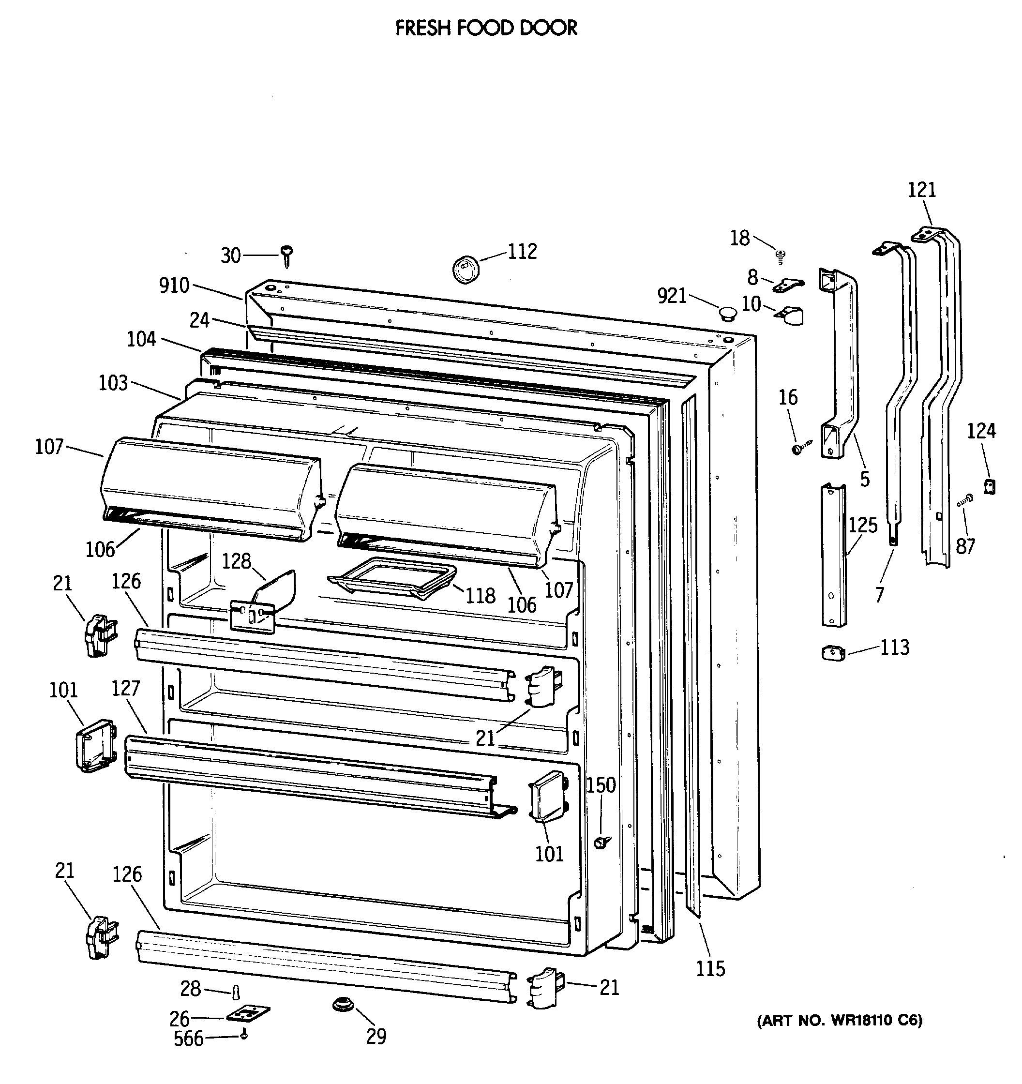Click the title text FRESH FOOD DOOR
[x=486, y=28]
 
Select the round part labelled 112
[x=465, y=269]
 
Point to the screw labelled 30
[x=287, y=255]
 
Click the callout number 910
[x=174, y=285]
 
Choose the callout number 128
[x=236, y=561]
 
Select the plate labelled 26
[x=248, y=1014]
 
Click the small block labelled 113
[x=833, y=653]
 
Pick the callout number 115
[x=710, y=968]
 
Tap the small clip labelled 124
[x=989, y=485]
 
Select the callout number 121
[x=922, y=190]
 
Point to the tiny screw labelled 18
[x=781, y=255]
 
